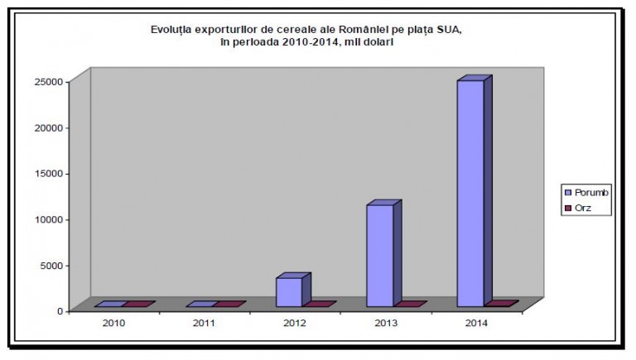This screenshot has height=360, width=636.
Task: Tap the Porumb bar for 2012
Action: (x=289, y=291)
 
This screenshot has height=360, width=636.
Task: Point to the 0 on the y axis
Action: (x=60, y=310)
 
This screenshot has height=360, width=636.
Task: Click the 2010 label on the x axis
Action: (x=114, y=323)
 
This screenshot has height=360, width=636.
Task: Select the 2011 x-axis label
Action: (x=205, y=323)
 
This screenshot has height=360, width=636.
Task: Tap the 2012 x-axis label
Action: (x=295, y=323)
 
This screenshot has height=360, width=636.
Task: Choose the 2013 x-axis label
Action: (x=385, y=323)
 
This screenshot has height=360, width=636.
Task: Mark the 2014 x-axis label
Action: (x=476, y=323)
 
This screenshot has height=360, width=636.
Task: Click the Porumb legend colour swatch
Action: (x=567, y=193)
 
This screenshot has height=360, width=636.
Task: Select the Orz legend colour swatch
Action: (x=567, y=209)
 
